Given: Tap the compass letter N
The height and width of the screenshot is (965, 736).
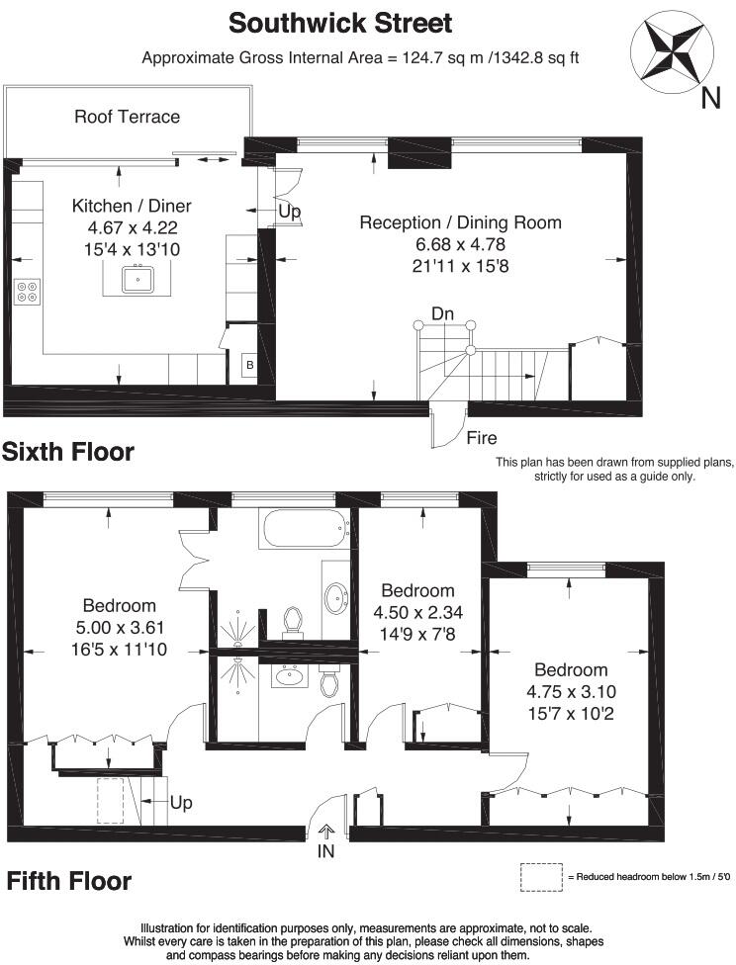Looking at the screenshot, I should click(x=710, y=97).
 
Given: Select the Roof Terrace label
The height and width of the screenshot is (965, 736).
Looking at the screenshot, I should click(x=128, y=117).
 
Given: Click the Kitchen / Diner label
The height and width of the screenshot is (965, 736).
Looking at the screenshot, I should click(x=132, y=206).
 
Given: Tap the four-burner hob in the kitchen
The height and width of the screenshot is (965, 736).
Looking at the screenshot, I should click(x=27, y=292).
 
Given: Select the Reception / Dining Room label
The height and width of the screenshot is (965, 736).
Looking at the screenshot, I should click(x=459, y=222).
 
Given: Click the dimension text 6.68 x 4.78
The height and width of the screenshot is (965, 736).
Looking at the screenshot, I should click(x=459, y=244).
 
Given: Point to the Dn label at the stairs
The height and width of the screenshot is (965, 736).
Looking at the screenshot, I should click(x=442, y=314).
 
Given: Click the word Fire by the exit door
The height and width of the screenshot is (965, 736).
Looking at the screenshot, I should click(x=482, y=438).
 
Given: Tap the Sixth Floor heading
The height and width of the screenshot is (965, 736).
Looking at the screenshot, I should click(x=67, y=453).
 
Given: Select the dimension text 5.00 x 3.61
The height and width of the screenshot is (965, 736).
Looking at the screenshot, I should click(x=119, y=627).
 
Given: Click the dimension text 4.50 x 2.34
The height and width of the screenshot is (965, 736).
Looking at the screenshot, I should click(x=417, y=612).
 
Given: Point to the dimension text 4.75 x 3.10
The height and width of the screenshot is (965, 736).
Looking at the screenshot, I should click(x=569, y=691).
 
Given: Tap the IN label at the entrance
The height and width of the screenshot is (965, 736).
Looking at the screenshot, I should click(x=326, y=850).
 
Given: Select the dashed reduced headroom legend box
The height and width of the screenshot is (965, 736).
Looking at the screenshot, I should click(x=541, y=876).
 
